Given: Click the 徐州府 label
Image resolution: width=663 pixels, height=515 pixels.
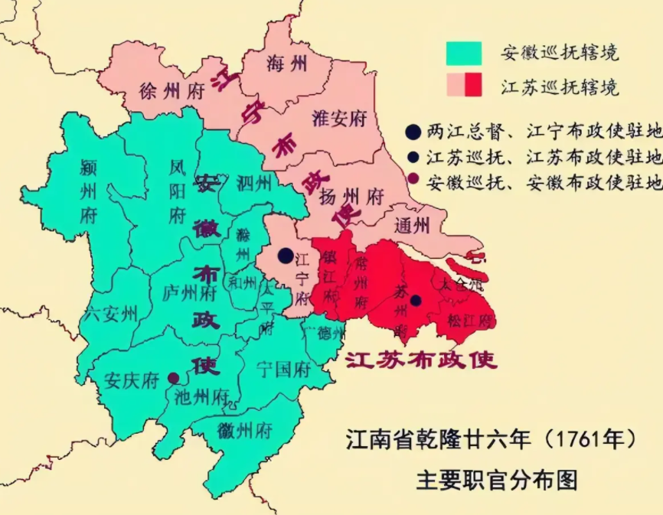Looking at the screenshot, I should click(172, 91).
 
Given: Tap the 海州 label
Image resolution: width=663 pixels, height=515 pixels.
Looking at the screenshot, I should click(287, 64).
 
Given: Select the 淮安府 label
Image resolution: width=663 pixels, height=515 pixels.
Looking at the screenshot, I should click(340, 118).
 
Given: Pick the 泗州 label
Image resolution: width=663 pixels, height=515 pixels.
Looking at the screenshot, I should click(255, 184).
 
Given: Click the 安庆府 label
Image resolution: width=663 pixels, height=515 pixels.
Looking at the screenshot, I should click(132, 380).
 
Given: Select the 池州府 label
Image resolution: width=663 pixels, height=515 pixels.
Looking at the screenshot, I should click(202, 397).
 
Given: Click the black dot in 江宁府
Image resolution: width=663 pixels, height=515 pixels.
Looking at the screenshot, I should click(286, 255).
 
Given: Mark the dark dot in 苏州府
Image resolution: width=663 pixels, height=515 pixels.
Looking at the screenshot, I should click(415, 300).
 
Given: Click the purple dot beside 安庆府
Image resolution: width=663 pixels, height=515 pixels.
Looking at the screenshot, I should click(174, 378).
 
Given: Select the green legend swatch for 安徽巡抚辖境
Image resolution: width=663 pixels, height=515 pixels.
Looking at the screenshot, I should click(465, 53).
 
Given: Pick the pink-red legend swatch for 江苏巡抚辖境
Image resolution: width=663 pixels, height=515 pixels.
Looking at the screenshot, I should click(465, 85).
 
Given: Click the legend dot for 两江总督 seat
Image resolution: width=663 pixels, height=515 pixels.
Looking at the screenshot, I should click(413, 132).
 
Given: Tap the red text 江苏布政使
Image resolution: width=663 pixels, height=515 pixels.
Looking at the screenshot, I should click(420, 359).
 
